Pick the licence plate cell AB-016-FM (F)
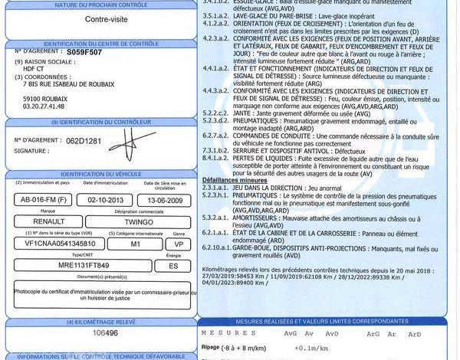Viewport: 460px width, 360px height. coord(44,201)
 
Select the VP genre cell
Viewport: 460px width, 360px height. coord(179,244)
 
